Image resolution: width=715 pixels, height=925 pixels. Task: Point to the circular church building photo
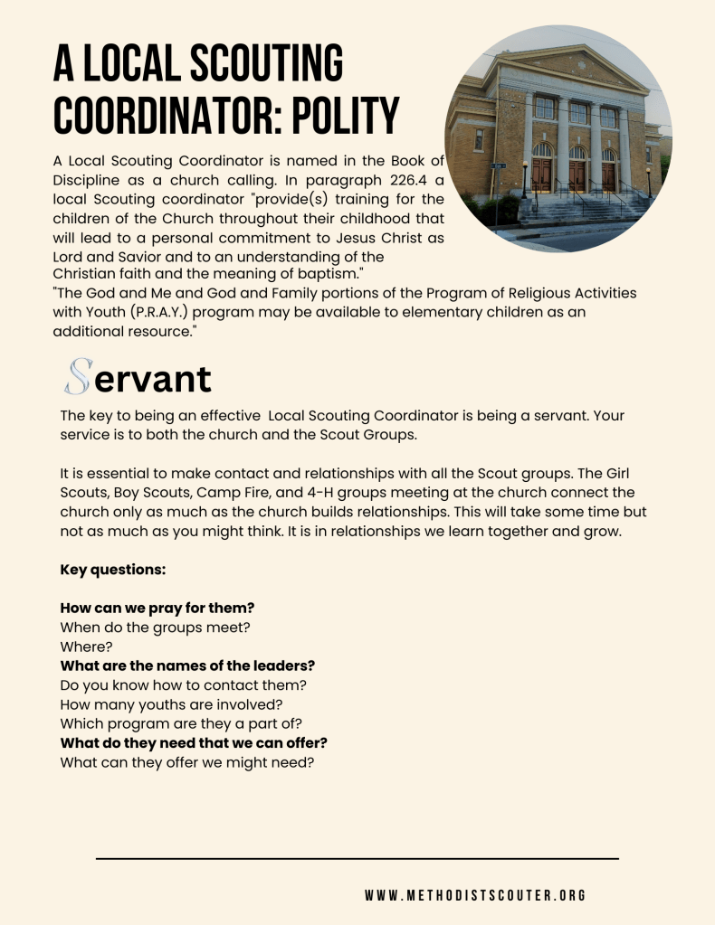tap(558, 138)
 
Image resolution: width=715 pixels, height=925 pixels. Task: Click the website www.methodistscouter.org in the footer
tap(475, 895)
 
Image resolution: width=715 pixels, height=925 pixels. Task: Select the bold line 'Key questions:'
tap(113, 570)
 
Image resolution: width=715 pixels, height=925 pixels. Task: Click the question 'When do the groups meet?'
tap(155, 627)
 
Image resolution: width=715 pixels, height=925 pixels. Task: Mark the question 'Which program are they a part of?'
tap(180, 723)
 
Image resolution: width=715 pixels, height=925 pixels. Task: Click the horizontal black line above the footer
tap(357, 858)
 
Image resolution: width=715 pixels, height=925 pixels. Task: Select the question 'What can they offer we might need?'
tap(186, 762)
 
